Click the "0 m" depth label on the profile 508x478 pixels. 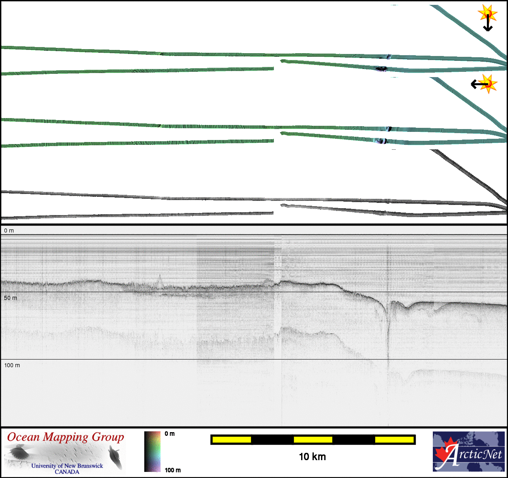(9, 231)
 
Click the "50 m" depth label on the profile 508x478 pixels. (11, 298)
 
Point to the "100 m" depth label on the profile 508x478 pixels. (12, 365)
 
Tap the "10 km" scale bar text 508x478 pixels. (313, 457)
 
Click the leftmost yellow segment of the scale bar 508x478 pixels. (232, 439)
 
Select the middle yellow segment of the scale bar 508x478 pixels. (313, 439)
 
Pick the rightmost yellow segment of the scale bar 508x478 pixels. (394, 439)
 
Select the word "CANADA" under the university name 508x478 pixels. (67, 472)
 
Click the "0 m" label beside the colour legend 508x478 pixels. (169, 434)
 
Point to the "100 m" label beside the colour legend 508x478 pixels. (173, 470)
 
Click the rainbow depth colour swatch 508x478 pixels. (152, 452)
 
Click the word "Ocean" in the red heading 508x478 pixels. (23, 437)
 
